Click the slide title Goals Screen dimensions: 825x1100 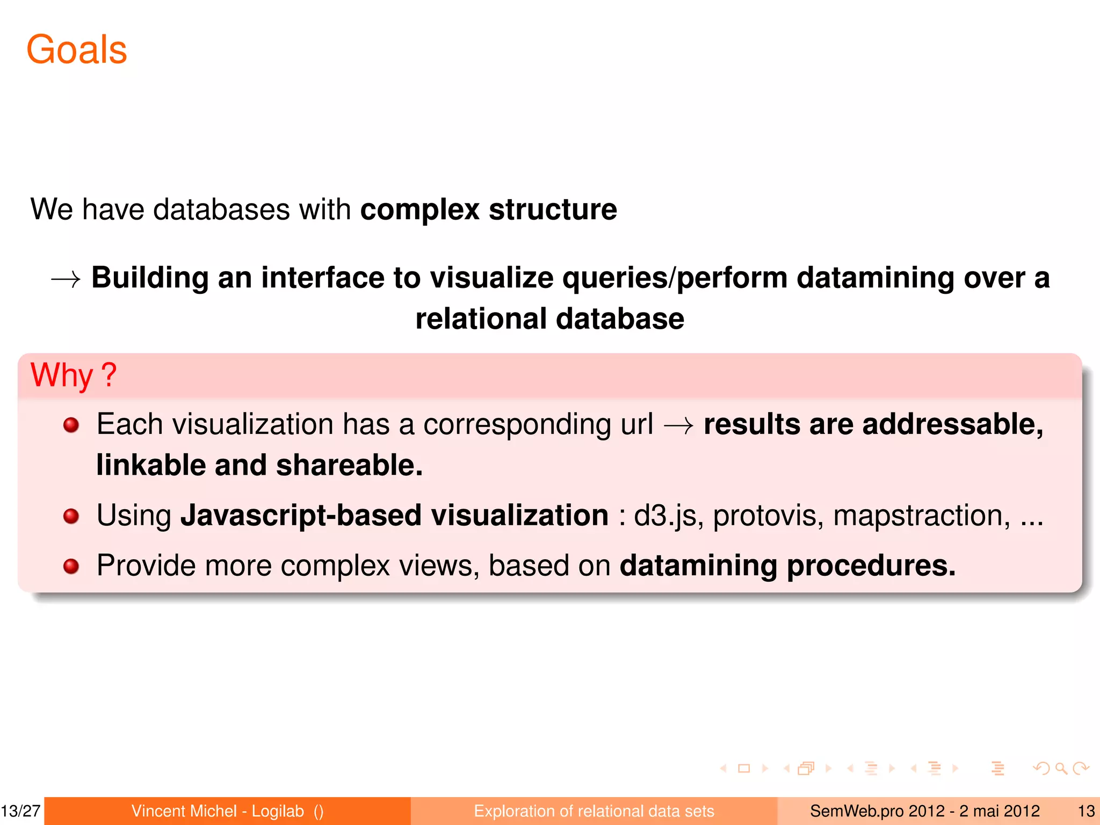(x=77, y=49)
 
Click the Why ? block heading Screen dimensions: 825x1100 (x=74, y=375)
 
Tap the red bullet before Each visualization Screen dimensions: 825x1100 (x=71, y=425)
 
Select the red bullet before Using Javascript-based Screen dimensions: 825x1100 (x=71, y=516)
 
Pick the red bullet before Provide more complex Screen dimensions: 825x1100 (x=71, y=566)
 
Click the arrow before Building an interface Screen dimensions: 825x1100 (x=66, y=279)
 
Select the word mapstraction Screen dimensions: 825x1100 (x=922, y=516)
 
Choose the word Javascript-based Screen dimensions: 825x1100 (x=301, y=516)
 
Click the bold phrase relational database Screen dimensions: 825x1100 (x=550, y=319)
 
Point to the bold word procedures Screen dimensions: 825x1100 (x=871, y=566)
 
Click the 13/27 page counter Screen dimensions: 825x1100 (x=21, y=811)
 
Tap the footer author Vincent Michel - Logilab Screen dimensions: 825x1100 (x=218, y=811)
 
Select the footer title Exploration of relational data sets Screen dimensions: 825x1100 (x=594, y=811)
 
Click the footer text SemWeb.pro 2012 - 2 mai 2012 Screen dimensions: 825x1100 (x=924, y=811)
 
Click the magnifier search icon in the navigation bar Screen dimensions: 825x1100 (x=1061, y=769)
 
